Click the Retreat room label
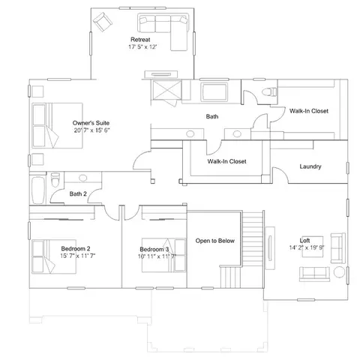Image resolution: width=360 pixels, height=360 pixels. point(140,40)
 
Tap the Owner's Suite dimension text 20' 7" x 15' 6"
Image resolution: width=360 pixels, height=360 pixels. point(91,130)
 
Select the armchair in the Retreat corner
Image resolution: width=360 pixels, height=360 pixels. point(103,22)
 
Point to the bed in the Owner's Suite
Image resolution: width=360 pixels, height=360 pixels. point(58,125)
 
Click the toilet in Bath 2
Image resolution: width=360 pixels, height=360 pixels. point(55,179)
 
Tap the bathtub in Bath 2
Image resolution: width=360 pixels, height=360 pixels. point(38,190)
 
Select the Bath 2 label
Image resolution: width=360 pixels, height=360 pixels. point(78,193)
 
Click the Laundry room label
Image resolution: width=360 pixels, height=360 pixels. point(310,166)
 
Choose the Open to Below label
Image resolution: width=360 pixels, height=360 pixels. point(214,241)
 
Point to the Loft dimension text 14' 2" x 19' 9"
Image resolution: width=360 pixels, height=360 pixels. point(307,247)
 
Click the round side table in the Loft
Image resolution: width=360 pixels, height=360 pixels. point(339,272)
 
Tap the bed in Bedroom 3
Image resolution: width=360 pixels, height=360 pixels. point(163,255)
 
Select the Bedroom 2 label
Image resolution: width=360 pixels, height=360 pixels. point(76,249)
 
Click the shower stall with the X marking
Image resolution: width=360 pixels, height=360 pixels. point(166,90)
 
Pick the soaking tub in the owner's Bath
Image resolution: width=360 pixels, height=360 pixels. point(214,92)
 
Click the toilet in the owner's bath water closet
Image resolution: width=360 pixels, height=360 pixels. point(269,91)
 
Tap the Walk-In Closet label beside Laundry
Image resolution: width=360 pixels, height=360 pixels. point(226,161)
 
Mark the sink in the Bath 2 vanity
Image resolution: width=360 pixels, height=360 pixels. point(82,178)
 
